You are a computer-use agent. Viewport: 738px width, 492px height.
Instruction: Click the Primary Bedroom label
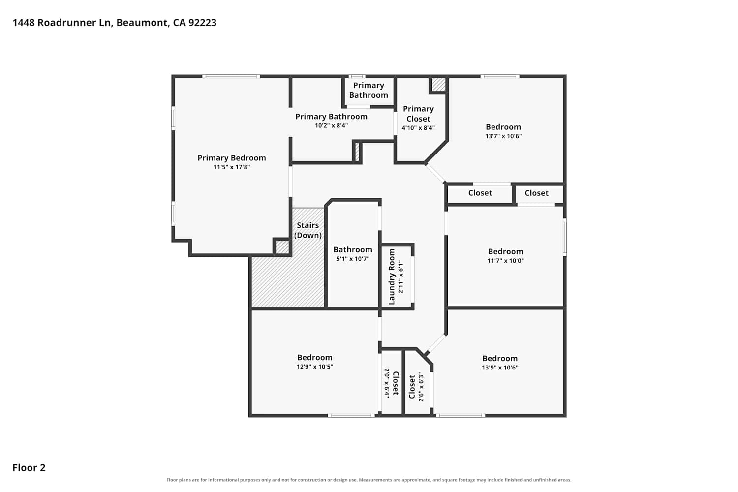coord(232,158)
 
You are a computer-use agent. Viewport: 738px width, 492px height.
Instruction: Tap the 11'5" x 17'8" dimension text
coord(232,167)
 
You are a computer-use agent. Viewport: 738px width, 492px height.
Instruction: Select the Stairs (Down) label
coord(307,230)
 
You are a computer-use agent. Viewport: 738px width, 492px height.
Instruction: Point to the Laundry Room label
coord(392,277)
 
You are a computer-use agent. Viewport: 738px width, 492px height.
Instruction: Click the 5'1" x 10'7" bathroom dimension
coord(353,259)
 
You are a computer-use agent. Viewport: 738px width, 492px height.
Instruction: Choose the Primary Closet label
coord(418,114)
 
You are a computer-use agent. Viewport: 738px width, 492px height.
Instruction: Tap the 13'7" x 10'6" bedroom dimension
coord(503,136)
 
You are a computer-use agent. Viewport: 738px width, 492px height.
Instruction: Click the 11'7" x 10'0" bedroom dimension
coord(506,261)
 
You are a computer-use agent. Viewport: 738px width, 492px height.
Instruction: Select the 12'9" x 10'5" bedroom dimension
coord(315,367)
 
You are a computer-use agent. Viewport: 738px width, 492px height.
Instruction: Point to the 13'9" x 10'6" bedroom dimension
coord(500,368)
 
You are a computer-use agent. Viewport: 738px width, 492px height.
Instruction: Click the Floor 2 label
coord(29,468)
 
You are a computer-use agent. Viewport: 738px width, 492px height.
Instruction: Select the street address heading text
coord(115,23)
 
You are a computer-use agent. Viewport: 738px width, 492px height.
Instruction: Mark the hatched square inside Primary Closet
coord(438,85)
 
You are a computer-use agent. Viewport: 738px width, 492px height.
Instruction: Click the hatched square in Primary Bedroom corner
coord(282,247)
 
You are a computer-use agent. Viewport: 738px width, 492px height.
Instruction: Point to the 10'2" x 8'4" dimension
coord(332,125)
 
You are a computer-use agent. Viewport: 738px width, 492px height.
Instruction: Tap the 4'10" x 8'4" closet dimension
coord(418,128)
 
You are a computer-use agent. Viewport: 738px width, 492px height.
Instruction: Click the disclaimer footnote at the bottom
coord(369,480)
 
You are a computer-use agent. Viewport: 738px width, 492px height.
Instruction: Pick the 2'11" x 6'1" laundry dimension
coord(400,277)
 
